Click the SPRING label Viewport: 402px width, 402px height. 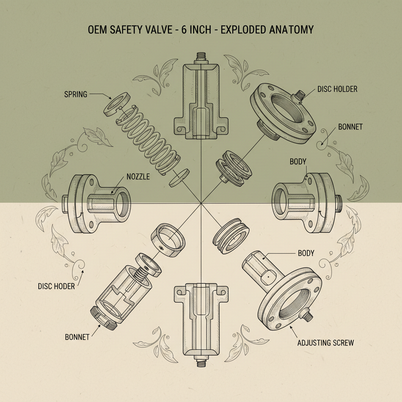click(75, 94)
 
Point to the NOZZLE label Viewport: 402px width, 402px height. click(138, 177)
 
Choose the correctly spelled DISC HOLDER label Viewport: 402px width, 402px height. click(336, 89)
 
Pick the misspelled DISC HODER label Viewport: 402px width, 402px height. click(56, 286)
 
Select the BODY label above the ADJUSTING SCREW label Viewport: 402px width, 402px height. click(306, 253)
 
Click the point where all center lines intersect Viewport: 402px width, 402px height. click(201, 203)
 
